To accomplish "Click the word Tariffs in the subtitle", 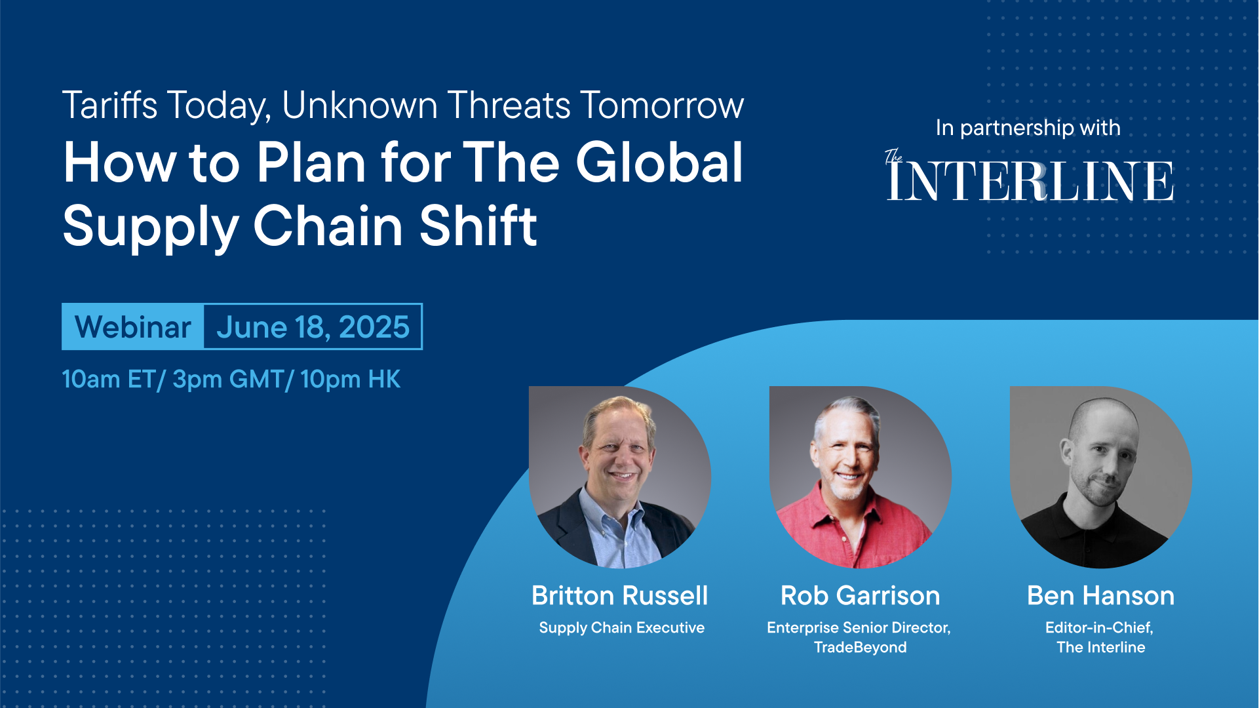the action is (110, 105).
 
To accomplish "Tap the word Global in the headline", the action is (659, 163).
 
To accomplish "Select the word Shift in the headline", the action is (478, 226).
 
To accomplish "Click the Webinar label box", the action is (133, 326).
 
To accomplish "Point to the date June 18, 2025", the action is (313, 327).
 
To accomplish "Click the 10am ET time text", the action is (109, 379).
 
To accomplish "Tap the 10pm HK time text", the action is (351, 379).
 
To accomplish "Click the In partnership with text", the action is (1028, 128).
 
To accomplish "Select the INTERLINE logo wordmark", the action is (1030, 181).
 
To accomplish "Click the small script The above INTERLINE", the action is (893, 156).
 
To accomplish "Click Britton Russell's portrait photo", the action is (620, 477).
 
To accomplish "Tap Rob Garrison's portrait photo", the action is (861, 477).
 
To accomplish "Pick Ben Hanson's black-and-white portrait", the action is (1101, 477).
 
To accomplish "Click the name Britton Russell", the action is (620, 596).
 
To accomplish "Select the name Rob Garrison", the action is (861, 596).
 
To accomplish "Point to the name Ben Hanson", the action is (1101, 596).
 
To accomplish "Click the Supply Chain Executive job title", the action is (621, 628).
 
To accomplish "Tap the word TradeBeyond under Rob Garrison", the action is (861, 648).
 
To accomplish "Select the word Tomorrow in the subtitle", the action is (663, 105).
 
